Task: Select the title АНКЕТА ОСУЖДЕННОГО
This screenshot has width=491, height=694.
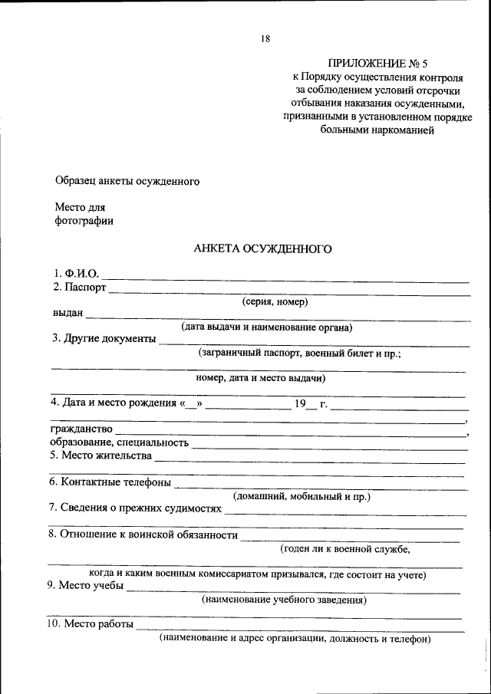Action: click(x=262, y=248)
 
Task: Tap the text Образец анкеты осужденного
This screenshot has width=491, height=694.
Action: click(x=127, y=182)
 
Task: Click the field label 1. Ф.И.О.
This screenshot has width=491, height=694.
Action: click(x=76, y=273)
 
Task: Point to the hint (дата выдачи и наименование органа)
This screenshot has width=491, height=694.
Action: click(x=266, y=327)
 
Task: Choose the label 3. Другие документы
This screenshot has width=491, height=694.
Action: click(x=104, y=339)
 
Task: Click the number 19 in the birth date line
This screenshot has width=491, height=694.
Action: click(x=300, y=403)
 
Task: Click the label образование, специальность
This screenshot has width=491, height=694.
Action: click(x=120, y=442)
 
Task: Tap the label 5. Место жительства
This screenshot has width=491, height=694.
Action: click(x=101, y=456)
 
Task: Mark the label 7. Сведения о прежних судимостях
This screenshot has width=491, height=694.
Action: click(x=135, y=508)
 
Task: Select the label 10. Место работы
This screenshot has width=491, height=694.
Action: click(x=91, y=624)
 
